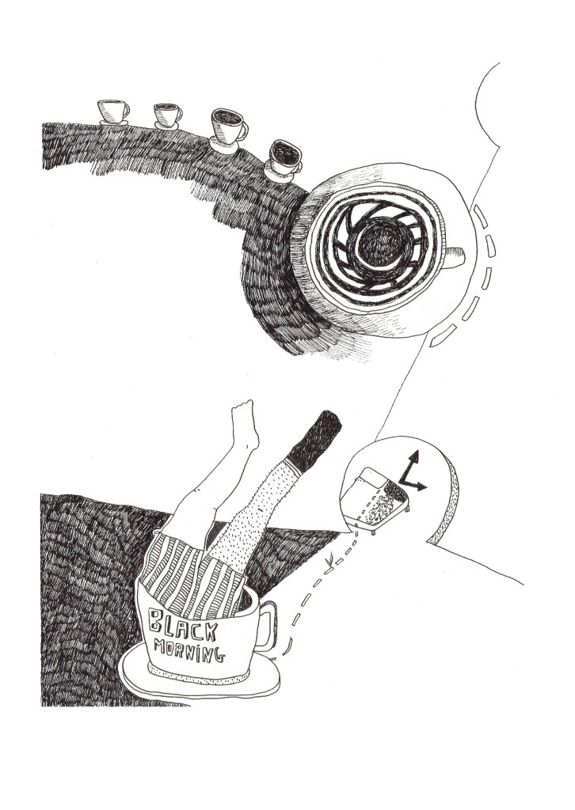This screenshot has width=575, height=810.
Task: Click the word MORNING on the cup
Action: pos(190,650)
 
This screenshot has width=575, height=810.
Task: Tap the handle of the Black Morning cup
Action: pos(268,625)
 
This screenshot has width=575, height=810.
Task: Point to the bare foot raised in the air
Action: pos(245,424)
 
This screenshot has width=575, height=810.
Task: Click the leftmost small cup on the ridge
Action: pos(113,112)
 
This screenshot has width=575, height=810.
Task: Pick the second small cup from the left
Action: pos(168,116)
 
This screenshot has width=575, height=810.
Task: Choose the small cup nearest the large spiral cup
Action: pos(283,160)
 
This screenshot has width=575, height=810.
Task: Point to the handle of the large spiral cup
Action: pos(454,257)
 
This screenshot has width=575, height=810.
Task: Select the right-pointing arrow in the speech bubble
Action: pos(415,485)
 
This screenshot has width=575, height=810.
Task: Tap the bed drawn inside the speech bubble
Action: pos(375,498)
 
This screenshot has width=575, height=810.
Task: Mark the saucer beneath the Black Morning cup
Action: pos(200,672)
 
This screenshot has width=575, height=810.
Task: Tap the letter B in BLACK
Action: pos(155,619)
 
